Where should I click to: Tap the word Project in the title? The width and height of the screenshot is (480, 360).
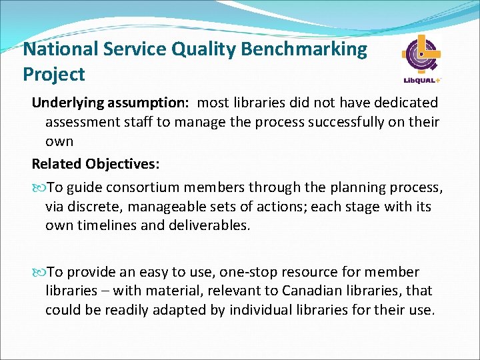[53, 74]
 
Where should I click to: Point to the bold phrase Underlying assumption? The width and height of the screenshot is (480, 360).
[111, 103]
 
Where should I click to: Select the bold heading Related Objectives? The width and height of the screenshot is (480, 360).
[94, 163]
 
